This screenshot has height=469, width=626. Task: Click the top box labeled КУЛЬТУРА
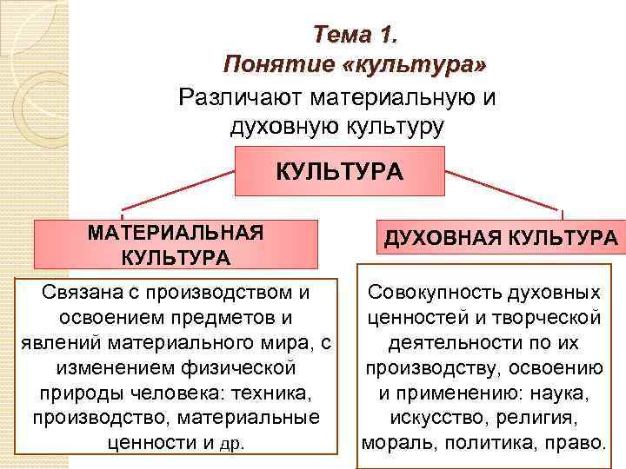(x=340, y=170)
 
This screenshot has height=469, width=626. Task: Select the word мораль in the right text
(x=396, y=443)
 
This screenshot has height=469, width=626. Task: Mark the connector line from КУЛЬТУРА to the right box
(x=504, y=190)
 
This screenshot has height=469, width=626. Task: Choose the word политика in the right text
(x=485, y=443)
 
